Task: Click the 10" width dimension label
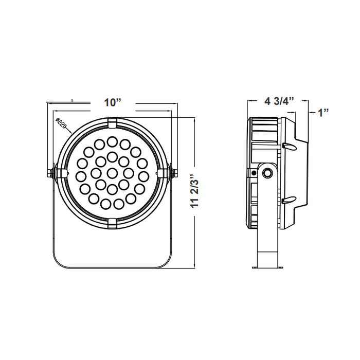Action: (x=112, y=102)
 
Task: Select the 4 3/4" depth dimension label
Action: (x=278, y=100)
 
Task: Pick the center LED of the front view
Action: (x=112, y=172)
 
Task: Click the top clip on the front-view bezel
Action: (x=112, y=122)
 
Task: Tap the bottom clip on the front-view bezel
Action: (x=112, y=222)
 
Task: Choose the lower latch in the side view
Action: (x=289, y=200)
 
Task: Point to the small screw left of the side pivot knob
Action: (x=254, y=174)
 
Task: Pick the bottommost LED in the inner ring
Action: (x=112, y=189)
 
